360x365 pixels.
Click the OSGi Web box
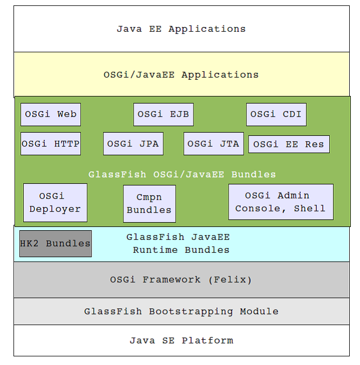click(51, 114)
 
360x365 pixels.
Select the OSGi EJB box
click(163, 114)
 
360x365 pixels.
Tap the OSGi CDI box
click(276, 114)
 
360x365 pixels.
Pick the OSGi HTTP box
click(51, 143)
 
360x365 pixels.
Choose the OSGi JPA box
click(133, 143)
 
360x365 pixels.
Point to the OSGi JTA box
click(213, 143)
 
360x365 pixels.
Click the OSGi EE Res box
click(289, 144)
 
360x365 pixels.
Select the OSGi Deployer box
click(55, 203)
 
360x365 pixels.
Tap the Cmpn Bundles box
click(149, 204)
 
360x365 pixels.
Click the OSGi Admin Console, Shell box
click(281, 202)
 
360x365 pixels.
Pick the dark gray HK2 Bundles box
click(56, 244)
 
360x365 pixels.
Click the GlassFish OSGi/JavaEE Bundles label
click(182, 174)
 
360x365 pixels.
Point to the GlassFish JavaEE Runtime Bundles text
click(178, 244)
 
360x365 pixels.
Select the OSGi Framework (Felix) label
click(181, 280)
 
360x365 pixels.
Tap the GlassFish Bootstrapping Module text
click(181, 312)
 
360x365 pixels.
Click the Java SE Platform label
click(182, 341)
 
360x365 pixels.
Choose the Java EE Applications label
click(181, 29)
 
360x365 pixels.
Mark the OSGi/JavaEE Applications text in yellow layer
click(181, 75)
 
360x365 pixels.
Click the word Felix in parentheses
click(230, 280)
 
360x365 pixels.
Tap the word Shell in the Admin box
click(310, 208)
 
